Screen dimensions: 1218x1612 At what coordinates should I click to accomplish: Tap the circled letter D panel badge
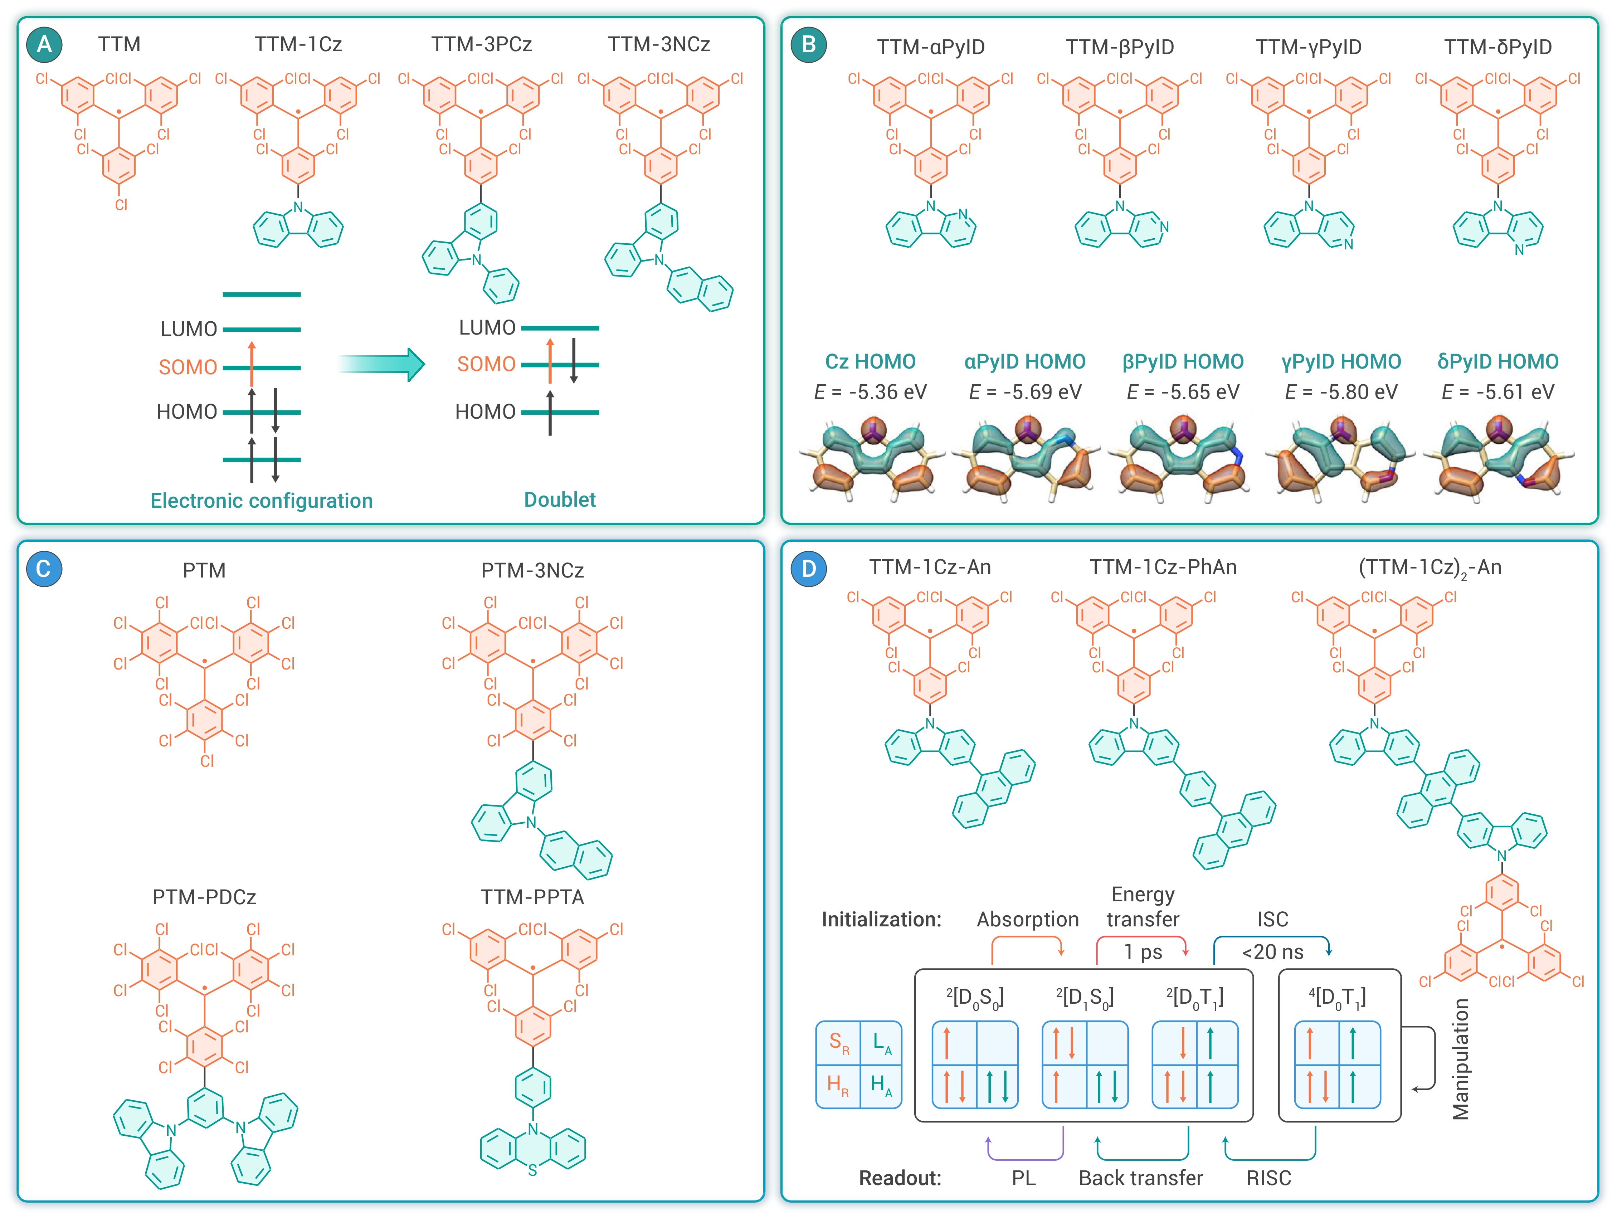(x=808, y=569)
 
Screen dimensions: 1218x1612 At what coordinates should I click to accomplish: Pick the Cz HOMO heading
(x=870, y=361)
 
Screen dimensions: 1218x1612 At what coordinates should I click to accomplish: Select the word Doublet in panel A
(x=560, y=500)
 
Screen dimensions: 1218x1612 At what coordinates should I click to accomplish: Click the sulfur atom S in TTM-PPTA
(x=533, y=1171)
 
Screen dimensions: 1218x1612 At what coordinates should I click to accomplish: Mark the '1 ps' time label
(x=1143, y=952)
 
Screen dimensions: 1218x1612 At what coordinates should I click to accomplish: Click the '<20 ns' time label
(x=1272, y=952)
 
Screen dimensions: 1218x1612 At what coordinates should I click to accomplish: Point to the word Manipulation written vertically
(x=1460, y=1058)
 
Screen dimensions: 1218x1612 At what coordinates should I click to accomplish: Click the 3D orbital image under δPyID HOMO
(x=1497, y=459)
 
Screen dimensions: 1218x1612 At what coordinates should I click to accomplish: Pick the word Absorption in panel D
(x=1028, y=920)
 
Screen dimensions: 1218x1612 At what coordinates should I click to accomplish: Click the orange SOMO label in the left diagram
(x=188, y=367)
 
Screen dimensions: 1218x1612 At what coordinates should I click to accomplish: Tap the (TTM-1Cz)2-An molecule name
(x=1430, y=568)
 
